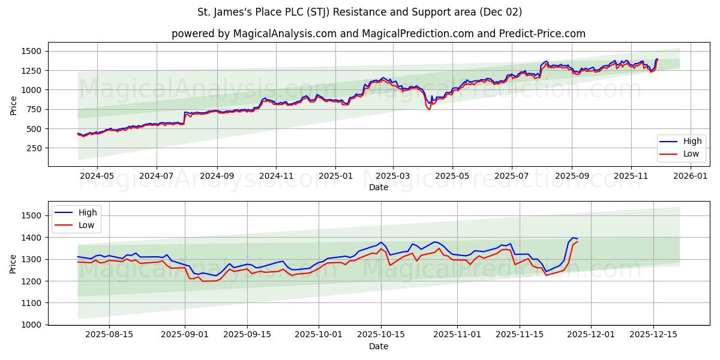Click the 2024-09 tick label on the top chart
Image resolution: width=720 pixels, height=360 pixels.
[x=217, y=176]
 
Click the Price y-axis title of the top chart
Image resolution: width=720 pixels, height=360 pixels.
[x=14, y=105]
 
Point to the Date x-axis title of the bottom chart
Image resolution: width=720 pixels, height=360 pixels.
[x=378, y=346]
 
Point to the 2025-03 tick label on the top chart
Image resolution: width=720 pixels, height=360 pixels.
[x=393, y=176]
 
